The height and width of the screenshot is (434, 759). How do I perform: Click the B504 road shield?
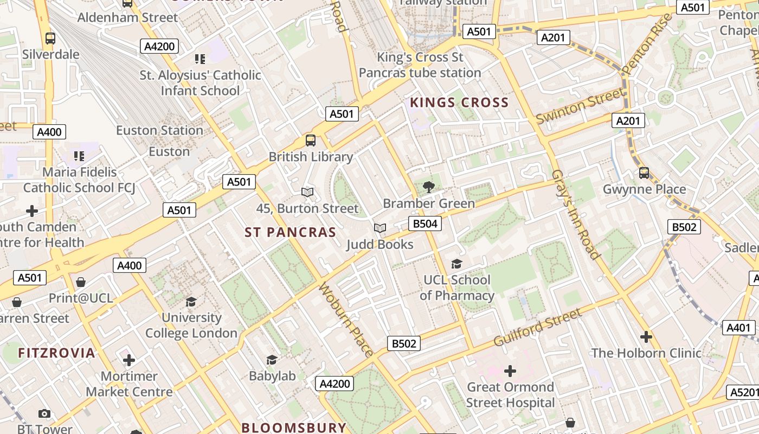click(425, 224)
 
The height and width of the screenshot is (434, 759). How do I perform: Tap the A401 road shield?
click(738, 328)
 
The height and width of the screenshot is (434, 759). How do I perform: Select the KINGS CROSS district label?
click(459, 103)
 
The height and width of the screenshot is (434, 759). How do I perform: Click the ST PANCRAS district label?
click(290, 233)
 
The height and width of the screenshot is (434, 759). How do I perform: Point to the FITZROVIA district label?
click(56, 353)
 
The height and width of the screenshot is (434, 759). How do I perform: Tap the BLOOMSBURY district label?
click(293, 427)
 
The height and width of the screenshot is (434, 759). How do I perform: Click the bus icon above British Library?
click(311, 141)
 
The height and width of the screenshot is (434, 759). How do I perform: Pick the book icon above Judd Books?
click(380, 228)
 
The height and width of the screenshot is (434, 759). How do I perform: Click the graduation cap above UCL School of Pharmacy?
click(456, 264)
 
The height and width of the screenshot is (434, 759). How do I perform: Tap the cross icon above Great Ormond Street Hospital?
click(510, 371)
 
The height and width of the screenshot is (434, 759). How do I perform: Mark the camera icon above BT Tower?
click(44, 414)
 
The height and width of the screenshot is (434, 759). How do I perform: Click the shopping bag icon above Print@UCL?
click(81, 282)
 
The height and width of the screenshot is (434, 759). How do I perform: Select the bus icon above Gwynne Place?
click(644, 173)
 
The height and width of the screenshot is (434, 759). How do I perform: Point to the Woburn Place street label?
click(346, 320)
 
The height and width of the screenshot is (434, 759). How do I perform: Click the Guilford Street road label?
click(537, 328)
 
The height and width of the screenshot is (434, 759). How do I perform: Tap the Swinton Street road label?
click(580, 106)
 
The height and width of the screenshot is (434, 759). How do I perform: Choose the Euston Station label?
click(159, 131)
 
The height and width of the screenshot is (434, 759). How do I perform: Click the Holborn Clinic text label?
click(646, 353)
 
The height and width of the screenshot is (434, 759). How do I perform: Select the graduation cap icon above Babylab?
click(272, 360)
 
